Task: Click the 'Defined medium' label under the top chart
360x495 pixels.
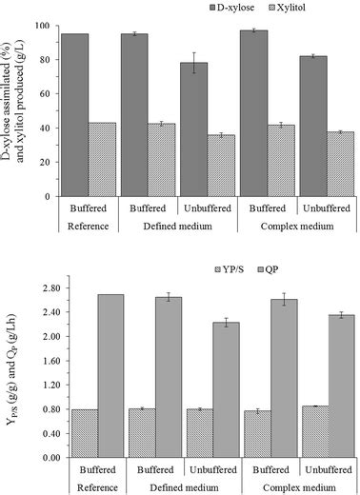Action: pyautogui.click(x=180, y=227)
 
